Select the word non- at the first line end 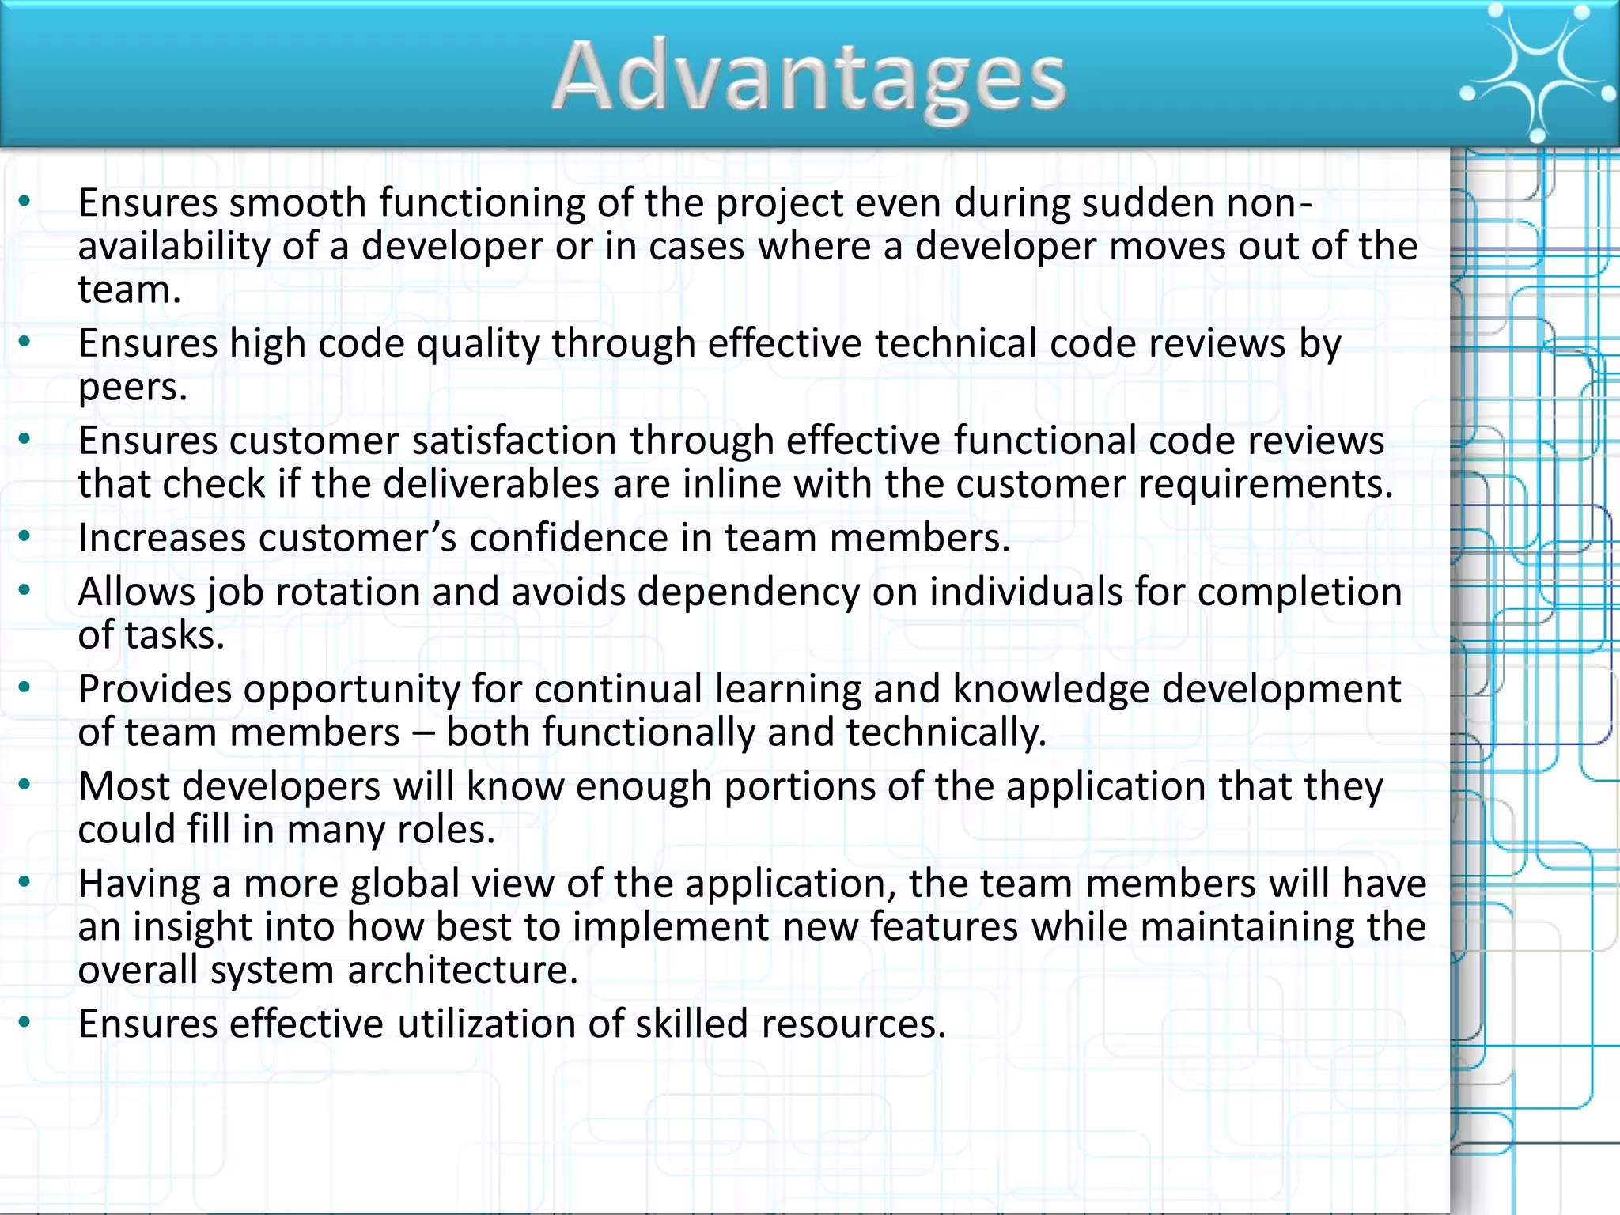click(1269, 203)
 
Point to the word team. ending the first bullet click(129, 290)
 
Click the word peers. click(132, 388)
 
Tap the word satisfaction click(513, 441)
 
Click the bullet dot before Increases click(25, 537)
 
